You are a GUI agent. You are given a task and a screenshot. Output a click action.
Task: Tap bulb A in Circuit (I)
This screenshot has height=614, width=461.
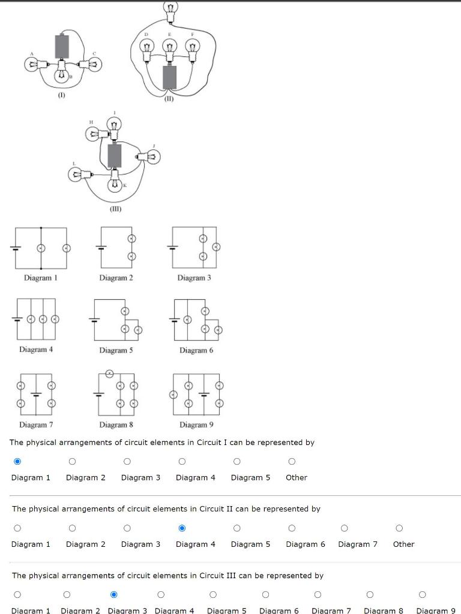[31, 63]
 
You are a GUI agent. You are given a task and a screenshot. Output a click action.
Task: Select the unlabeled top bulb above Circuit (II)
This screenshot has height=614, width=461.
[170, 8]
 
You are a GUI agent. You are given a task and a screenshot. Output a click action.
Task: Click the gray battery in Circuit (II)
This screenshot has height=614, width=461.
[170, 77]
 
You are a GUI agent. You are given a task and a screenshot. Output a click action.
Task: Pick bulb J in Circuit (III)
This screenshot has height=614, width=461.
[152, 157]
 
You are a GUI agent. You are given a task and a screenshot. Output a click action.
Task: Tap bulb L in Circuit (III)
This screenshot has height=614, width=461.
[76, 174]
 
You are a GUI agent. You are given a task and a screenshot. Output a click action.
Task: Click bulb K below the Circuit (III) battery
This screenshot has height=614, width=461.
[115, 185]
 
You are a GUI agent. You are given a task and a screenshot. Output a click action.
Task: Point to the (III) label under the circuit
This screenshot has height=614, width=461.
[115, 209]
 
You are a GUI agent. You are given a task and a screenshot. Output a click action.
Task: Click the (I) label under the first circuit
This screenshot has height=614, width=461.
[61, 95]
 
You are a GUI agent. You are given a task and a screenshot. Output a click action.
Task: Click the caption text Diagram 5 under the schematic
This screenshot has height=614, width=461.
[113, 350]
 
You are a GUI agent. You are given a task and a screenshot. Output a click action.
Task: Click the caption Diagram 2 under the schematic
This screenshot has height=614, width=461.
[116, 278]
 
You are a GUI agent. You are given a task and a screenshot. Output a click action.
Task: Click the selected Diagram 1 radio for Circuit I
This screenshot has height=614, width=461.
[17, 462]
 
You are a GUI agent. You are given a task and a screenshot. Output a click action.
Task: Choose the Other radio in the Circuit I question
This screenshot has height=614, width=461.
[291, 462]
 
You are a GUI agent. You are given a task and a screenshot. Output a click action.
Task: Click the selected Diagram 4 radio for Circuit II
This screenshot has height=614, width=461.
[182, 528]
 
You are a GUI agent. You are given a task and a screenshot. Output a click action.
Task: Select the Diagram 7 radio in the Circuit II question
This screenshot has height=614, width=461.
[344, 528]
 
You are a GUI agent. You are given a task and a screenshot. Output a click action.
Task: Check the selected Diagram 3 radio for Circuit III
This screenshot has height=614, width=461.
[113, 595]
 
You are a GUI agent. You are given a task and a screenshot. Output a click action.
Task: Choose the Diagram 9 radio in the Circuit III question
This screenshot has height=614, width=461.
[422, 595]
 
